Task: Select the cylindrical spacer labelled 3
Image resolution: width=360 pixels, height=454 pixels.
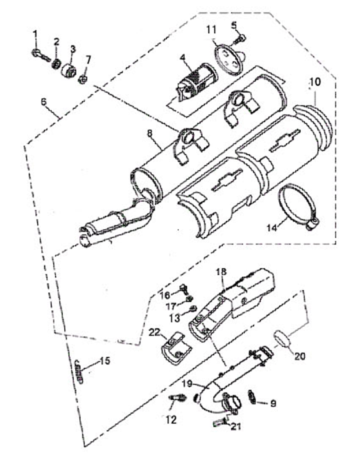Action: point(69,70)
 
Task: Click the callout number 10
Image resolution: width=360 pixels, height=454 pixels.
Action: point(315,82)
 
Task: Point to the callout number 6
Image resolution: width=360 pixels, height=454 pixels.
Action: point(44,102)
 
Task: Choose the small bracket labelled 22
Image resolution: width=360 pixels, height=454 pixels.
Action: point(175,348)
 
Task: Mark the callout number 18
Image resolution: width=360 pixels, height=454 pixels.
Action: point(222,272)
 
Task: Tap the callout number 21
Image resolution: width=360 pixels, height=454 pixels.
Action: point(235,426)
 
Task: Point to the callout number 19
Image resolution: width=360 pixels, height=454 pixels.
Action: point(187,384)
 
